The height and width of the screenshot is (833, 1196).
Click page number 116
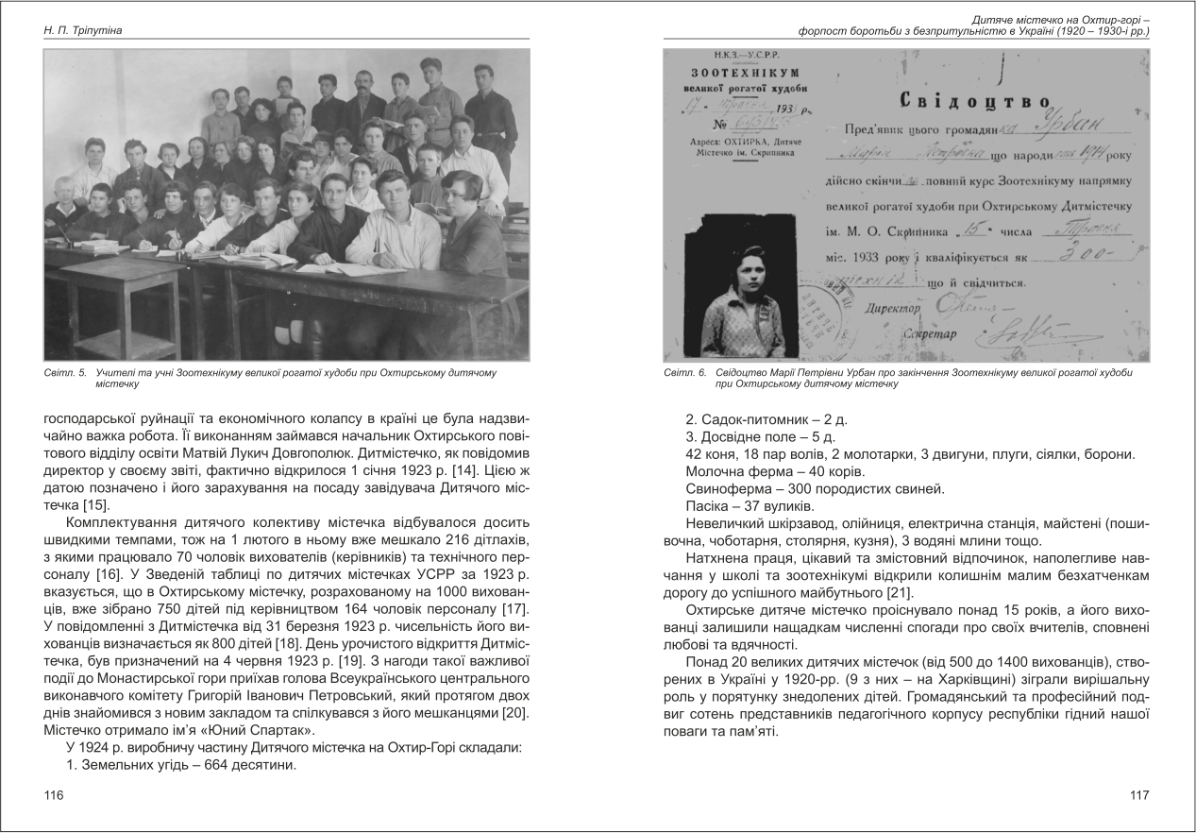pyautogui.click(x=53, y=795)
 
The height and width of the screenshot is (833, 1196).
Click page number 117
pyautogui.click(x=1139, y=795)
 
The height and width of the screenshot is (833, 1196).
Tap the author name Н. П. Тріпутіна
pyautogui.click(x=85, y=31)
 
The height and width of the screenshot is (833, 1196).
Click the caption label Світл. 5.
pyautogui.click(x=64, y=374)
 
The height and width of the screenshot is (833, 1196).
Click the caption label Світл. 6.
pyautogui.click(x=684, y=374)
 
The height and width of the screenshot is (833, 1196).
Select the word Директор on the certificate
pyautogui.click(x=892, y=308)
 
